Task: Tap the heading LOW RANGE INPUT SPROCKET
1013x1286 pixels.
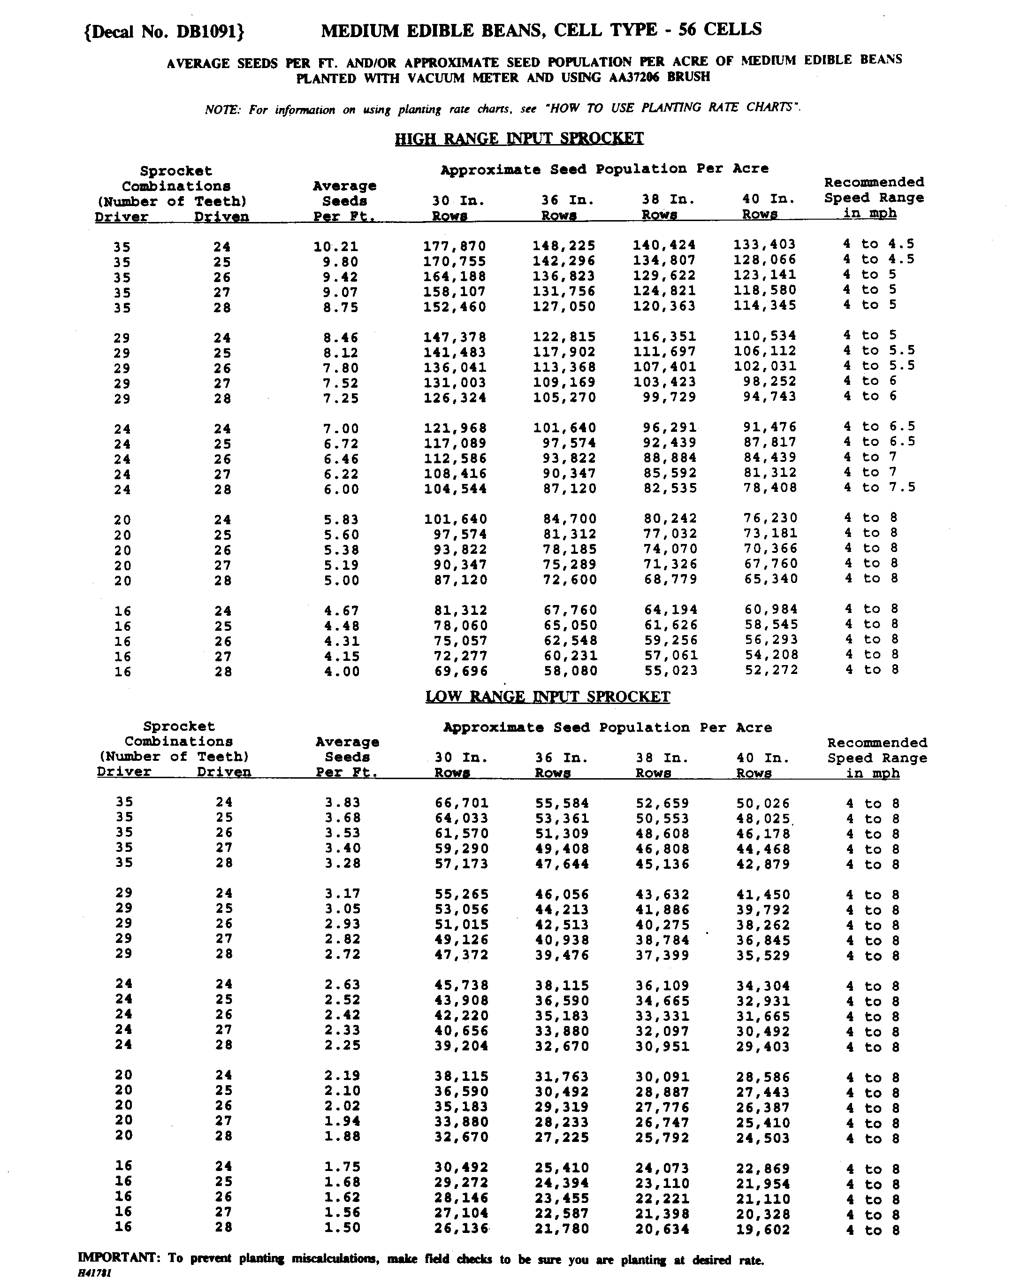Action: [548, 697]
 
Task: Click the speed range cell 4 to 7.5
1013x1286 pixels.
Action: [880, 487]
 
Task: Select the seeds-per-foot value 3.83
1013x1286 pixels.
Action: [342, 803]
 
